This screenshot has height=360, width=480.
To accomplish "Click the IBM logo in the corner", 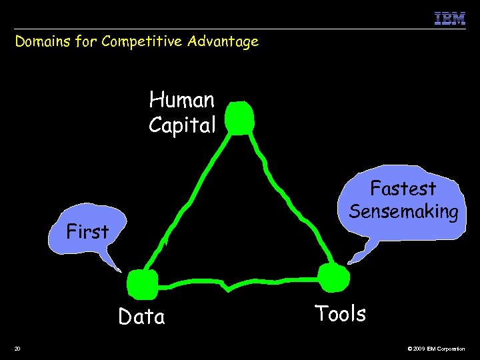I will (449, 18).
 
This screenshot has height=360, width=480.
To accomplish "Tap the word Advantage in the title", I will (223, 42).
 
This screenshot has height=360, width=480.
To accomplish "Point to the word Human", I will (182, 100).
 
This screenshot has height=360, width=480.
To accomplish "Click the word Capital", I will (182, 125).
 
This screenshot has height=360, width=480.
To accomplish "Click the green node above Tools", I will (332, 277).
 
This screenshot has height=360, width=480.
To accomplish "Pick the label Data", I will (141, 317).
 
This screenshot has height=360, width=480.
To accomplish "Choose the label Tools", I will (340, 313).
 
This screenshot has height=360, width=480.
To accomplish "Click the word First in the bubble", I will (87, 232).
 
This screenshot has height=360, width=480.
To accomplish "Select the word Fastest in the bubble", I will (403, 189).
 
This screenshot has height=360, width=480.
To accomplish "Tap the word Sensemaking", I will (403, 211).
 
